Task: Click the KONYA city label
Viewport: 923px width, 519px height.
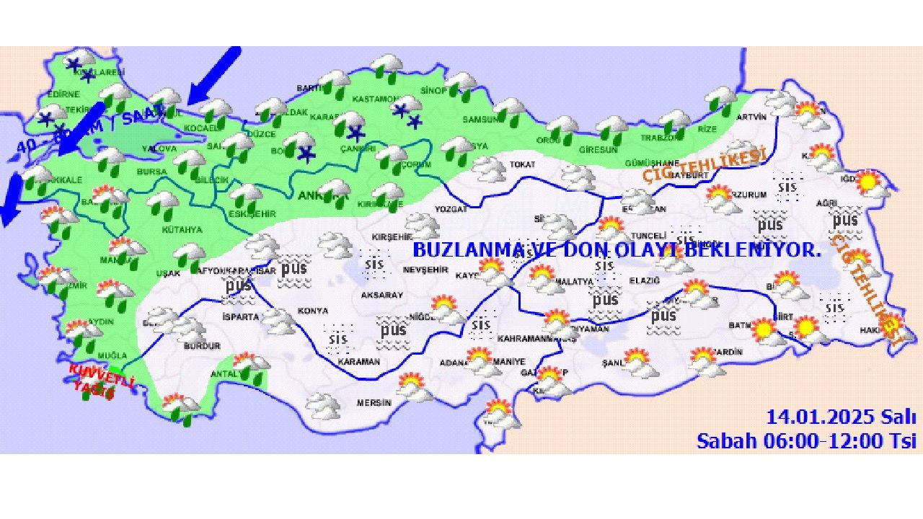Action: coord(312,311)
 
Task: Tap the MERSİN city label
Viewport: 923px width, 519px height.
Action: coord(374,403)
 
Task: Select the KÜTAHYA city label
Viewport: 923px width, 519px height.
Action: coord(181,230)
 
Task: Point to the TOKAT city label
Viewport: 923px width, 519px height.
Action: coord(522,164)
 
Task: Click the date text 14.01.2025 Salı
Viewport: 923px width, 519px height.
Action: coord(841,417)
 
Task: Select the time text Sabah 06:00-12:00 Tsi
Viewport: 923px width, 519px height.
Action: coord(806,440)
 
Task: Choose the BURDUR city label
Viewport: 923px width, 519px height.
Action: coord(202,346)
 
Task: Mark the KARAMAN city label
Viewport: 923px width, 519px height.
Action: coord(358,362)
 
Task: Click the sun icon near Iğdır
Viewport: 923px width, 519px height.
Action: coord(871,182)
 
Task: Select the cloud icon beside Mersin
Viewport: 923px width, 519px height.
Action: coord(322,405)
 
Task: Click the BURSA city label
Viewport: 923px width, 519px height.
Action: coord(152,172)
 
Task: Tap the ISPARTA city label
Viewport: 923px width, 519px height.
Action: coord(240,316)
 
